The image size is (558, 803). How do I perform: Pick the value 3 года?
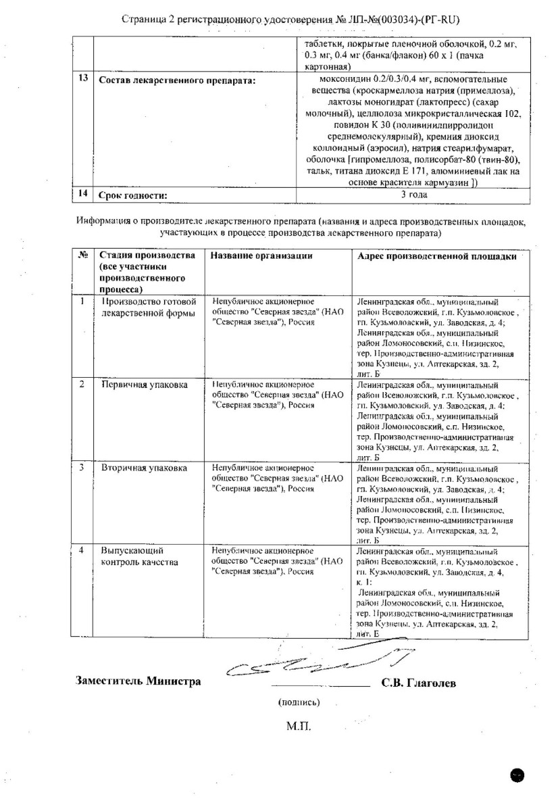(x=413, y=195)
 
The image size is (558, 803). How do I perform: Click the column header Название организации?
(x=261, y=255)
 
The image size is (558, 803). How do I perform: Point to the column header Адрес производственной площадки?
(x=436, y=255)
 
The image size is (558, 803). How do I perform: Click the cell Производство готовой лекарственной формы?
(x=148, y=306)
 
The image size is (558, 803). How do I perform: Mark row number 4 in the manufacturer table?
(x=82, y=550)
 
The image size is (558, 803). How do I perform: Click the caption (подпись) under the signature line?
(x=299, y=702)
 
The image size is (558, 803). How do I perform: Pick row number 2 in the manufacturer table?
(x=82, y=384)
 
